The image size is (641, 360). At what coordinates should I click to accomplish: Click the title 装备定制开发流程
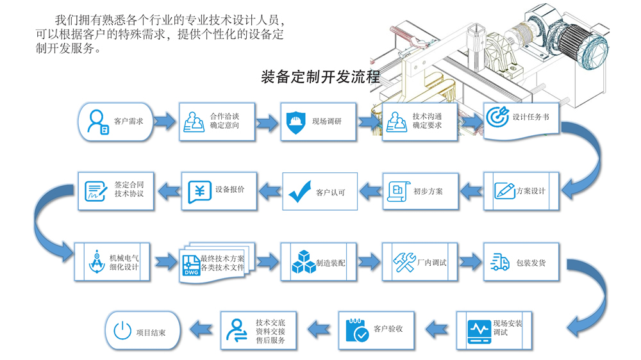320,77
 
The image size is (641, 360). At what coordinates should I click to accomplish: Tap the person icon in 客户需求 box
98,122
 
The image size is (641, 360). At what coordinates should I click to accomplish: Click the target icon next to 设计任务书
497,117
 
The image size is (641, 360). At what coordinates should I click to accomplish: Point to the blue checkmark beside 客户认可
299,192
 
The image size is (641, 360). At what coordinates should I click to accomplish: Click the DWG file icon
191,266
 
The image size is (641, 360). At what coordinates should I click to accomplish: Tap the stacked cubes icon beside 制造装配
303,262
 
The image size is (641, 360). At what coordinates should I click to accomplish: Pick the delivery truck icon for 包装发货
499,262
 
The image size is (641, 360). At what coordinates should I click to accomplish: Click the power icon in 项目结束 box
122,331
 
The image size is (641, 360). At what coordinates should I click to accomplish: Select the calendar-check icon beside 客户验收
357,330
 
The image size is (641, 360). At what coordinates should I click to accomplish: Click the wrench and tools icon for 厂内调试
404,262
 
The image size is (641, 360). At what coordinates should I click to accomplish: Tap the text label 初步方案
428,192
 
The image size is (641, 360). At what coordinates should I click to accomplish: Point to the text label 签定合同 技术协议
129,189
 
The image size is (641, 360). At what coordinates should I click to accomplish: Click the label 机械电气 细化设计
124,263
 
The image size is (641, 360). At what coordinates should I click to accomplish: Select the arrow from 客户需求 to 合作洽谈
165,121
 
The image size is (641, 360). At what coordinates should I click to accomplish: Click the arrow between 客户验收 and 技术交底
319,329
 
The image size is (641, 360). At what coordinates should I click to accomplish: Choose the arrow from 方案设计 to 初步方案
471,191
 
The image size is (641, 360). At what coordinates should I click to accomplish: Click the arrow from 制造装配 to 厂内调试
369,261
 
